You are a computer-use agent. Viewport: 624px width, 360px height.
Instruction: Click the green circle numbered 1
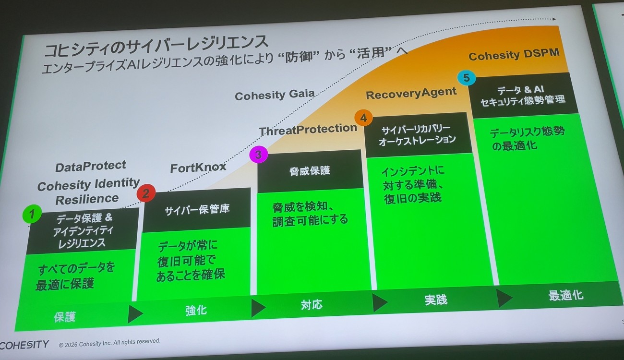pos(32,214)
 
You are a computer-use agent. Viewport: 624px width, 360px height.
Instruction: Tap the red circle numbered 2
pos(146,193)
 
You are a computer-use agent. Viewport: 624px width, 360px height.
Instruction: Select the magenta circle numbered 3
pos(259,154)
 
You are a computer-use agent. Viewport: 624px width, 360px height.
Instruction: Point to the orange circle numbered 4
pos(363,118)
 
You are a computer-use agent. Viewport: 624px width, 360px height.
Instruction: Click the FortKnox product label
pos(198,168)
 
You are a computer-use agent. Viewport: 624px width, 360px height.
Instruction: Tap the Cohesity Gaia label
pos(275,95)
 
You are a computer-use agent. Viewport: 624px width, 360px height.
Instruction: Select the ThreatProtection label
pos(308,130)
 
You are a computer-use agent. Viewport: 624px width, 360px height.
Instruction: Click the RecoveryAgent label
pos(411,93)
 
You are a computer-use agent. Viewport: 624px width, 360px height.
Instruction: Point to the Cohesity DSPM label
pos(514,54)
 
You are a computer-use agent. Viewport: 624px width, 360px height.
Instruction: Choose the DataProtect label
pos(91,167)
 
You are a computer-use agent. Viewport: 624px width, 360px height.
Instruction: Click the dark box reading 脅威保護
pos(310,171)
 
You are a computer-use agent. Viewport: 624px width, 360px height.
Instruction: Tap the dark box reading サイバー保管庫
pos(197,210)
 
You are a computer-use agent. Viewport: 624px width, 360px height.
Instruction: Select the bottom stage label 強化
pos(196,311)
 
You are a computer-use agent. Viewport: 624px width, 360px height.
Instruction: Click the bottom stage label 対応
pos(312,305)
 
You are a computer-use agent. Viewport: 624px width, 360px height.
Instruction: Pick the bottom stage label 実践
pos(436,300)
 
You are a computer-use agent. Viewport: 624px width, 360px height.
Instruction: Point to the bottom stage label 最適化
pos(566,295)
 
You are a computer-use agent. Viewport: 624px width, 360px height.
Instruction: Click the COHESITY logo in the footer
pos(24,345)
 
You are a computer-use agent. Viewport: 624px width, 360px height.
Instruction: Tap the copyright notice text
pos(109,342)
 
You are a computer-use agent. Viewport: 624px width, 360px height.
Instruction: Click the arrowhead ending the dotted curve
pos(554,19)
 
